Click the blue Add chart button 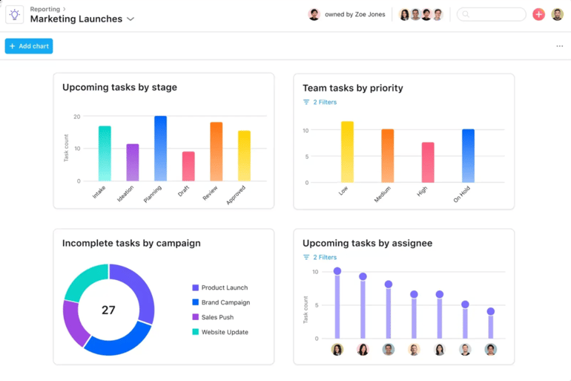coord(29,46)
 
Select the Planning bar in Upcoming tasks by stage coord(160,149)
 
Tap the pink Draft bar coord(188,166)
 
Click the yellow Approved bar coord(244,156)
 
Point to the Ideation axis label coord(126,193)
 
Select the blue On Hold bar coord(468,156)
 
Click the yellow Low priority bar coord(347,152)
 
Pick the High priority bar coord(428,163)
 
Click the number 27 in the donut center coord(108,310)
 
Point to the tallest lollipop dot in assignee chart coord(337,271)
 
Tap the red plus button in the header coord(538,14)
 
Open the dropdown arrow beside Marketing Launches coord(131,19)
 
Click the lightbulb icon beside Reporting coord(15,15)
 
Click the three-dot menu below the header coord(559,46)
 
